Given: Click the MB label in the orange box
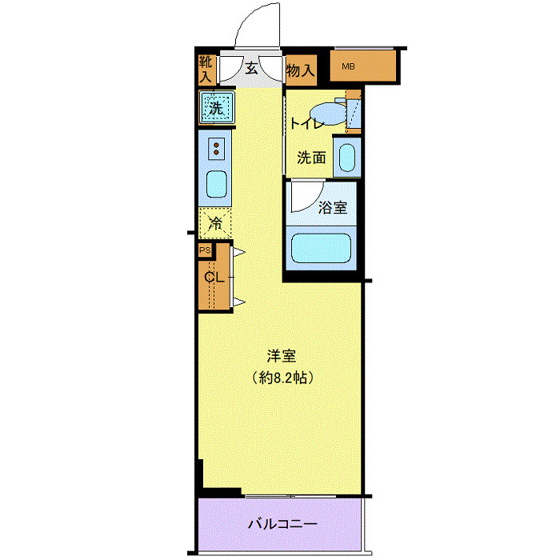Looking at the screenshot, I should (x=349, y=66).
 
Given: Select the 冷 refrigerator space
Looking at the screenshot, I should (x=215, y=223).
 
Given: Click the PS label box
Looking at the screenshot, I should (x=205, y=251).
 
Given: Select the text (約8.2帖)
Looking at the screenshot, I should (x=280, y=377).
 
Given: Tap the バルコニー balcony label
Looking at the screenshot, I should (x=282, y=525).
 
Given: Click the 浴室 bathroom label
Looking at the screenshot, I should (x=332, y=208).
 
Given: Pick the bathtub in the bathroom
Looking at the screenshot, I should (x=321, y=249).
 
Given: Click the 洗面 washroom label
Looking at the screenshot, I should (x=311, y=158).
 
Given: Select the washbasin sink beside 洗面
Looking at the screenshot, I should (x=347, y=157).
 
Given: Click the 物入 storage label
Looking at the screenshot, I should (x=300, y=70).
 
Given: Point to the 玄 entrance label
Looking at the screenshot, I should (x=251, y=70).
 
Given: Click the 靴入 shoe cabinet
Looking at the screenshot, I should (x=206, y=70).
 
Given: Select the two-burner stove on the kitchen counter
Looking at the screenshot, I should (x=217, y=148).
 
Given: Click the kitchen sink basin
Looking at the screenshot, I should (x=217, y=185).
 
